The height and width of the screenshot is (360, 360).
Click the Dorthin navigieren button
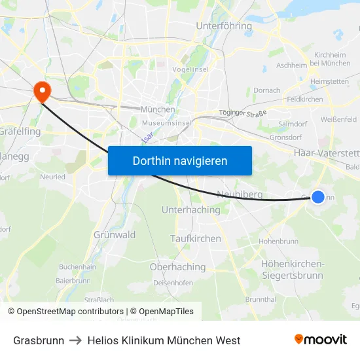[x=179, y=160]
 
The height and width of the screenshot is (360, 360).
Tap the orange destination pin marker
[x=43, y=91]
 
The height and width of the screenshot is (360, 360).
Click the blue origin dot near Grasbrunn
[x=317, y=196]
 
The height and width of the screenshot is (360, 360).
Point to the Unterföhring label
[x=224, y=26]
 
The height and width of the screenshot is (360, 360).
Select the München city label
[x=158, y=109]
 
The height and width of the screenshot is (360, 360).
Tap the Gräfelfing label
[x=20, y=132]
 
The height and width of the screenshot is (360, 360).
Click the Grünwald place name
[x=115, y=234]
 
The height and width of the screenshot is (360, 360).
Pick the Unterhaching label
[x=191, y=209]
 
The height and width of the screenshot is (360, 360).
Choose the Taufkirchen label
[x=196, y=238]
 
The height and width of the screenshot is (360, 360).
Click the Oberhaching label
[x=178, y=267]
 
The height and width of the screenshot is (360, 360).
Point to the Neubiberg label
[x=239, y=195]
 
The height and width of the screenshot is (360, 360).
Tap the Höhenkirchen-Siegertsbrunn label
[x=292, y=269]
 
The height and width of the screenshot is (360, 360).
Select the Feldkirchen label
[x=305, y=99]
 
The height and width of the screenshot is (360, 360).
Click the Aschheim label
[x=291, y=65]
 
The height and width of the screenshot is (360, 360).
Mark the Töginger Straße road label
[x=243, y=113]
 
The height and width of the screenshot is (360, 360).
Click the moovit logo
[x=321, y=340]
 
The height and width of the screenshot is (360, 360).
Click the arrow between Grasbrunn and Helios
[x=75, y=340]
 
